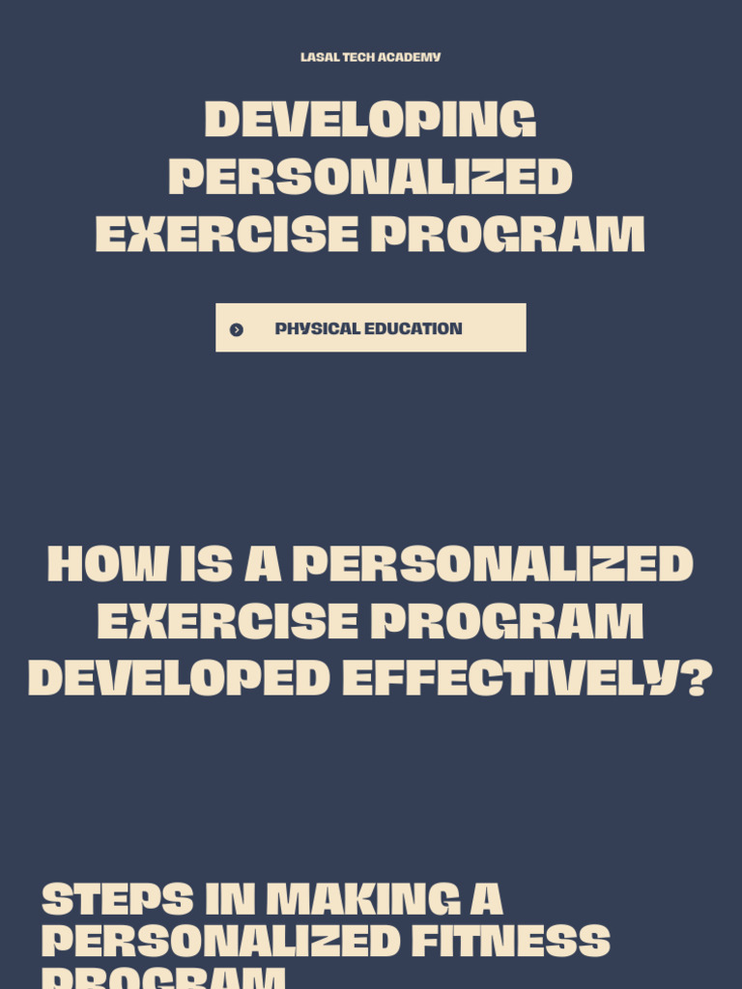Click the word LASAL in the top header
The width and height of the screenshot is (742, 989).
pos(320,57)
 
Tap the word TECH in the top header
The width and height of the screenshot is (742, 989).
pos(358,57)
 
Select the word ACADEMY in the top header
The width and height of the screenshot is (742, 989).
pos(410,57)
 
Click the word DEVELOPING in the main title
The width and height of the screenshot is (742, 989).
pos(370,121)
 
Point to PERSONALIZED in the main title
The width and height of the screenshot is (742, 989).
pos(370,178)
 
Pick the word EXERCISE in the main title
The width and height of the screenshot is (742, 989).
pos(226,235)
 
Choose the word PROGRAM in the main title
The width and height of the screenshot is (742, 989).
pos(508,235)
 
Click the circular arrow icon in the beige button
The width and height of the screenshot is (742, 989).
pos(237,329)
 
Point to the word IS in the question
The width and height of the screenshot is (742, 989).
pos(206,565)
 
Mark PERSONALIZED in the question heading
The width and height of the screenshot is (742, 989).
pos(493,565)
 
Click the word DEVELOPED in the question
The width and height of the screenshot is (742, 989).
pos(179,679)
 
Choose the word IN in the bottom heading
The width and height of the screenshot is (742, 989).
pos(229,899)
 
